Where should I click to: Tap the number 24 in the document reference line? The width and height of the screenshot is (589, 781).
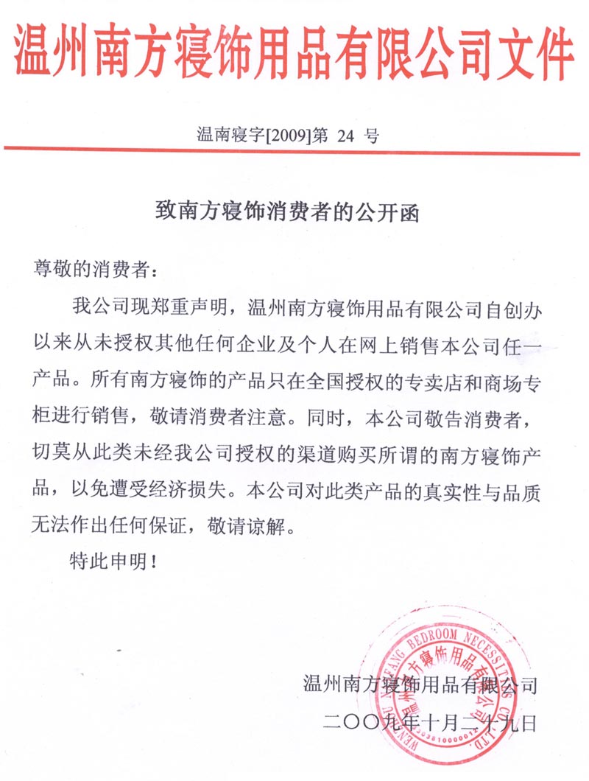(346, 136)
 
